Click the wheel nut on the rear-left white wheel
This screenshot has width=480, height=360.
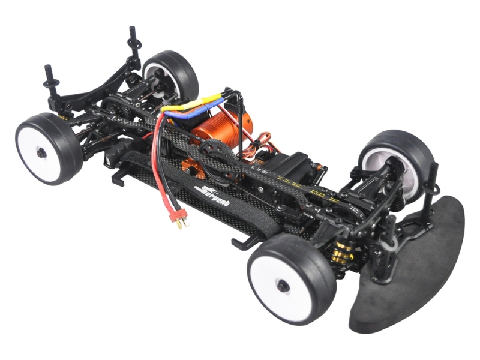tap(41, 152)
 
